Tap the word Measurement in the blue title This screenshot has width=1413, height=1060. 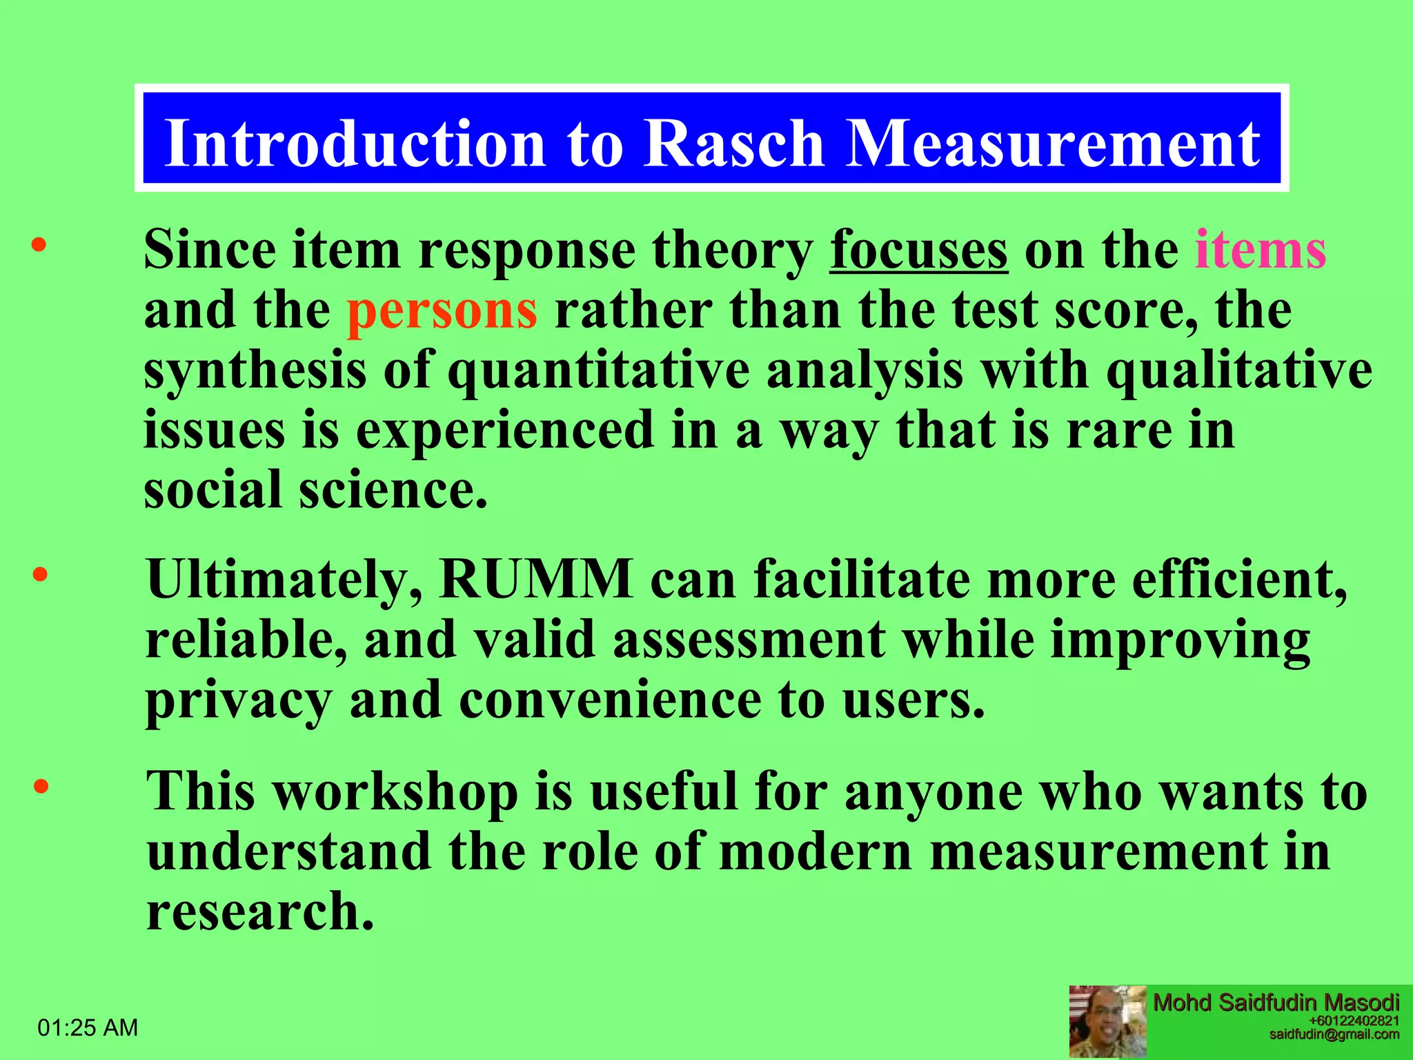tap(1054, 143)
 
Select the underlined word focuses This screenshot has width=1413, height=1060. tap(918, 250)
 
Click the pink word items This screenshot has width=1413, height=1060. tap(1261, 250)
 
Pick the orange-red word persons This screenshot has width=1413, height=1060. tap(442, 311)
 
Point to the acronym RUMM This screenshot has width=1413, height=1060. tap(535, 578)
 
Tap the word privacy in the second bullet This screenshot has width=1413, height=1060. tap(239, 700)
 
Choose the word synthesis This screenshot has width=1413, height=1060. tap(255, 371)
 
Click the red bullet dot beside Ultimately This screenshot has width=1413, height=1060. tap(41, 574)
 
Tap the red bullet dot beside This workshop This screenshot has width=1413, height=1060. tap(41, 786)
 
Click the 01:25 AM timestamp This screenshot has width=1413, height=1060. tap(88, 1028)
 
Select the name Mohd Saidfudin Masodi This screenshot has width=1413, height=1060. tap(1276, 1003)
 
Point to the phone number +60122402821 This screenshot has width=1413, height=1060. tap(1354, 1021)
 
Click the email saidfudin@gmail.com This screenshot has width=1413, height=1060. tap(1334, 1034)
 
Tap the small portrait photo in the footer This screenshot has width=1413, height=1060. tap(1107, 1021)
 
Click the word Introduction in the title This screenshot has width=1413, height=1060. tap(355, 143)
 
